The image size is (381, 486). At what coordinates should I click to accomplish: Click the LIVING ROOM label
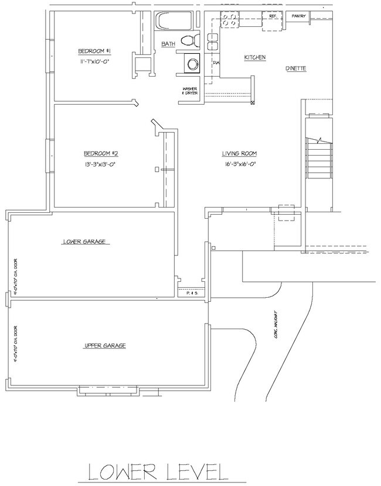pos(239,154)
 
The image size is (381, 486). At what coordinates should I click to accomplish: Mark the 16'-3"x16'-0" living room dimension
pos(239,164)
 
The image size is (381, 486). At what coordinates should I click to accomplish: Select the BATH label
pos(168,44)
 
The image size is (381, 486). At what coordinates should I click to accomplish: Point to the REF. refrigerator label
pos(273,16)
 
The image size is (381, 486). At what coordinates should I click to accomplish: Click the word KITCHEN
pos(255,57)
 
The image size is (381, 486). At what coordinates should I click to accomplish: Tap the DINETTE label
pos(296,68)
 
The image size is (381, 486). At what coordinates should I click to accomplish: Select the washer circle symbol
pos(192,63)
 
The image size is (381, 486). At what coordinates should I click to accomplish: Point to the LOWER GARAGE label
pos(86,241)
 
